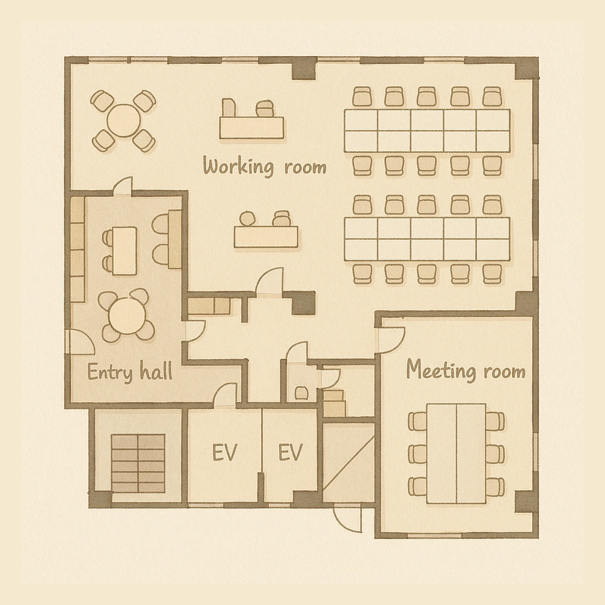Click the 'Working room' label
click(x=265, y=167)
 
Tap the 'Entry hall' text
click(x=130, y=372)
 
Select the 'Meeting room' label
click(x=466, y=370)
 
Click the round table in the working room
click(x=123, y=120)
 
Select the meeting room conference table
click(x=457, y=453)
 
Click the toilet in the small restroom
click(x=301, y=393)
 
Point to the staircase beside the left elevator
click(x=138, y=463)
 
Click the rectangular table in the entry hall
click(x=125, y=251)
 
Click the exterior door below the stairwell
click(x=348, y=519)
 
